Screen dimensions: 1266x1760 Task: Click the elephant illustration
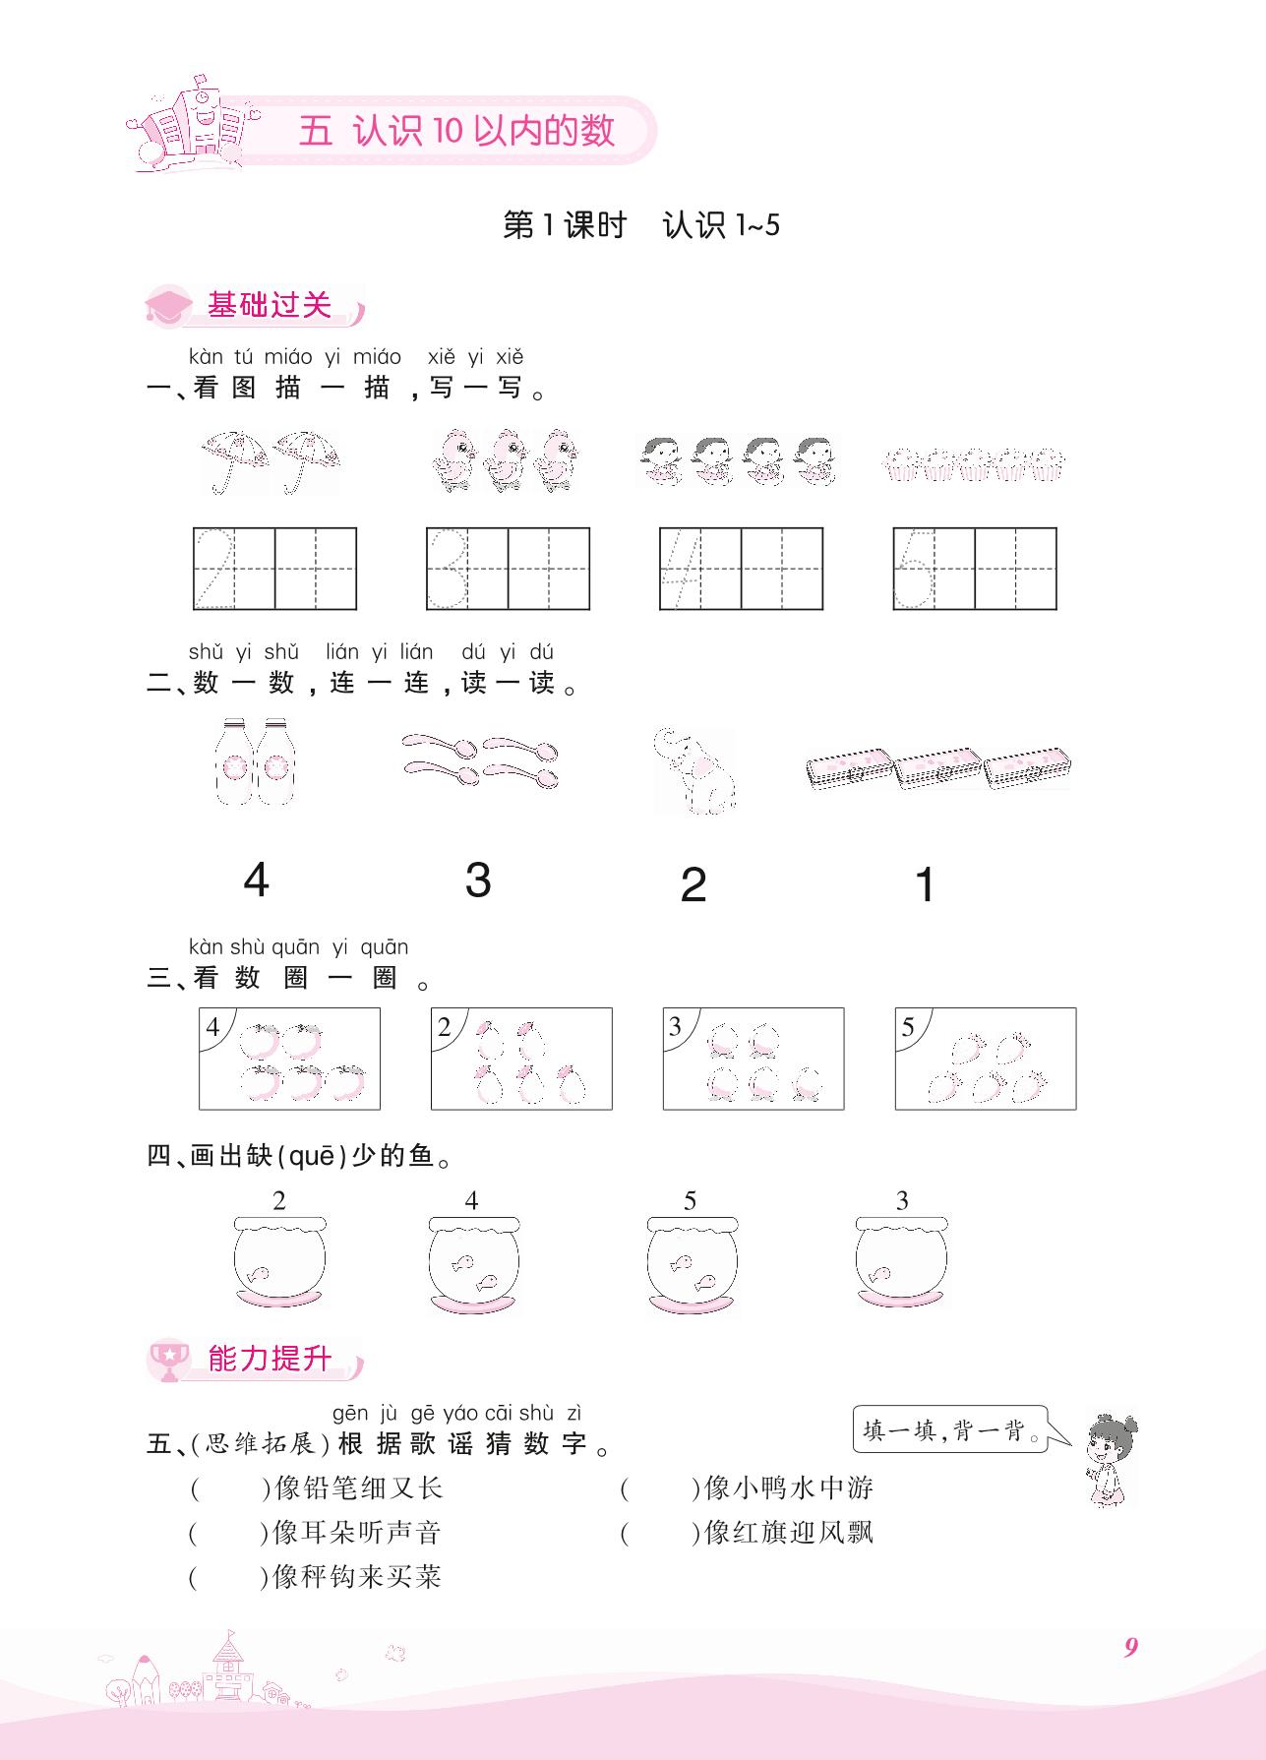click(694, 770)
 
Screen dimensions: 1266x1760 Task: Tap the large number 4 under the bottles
click(256, 880)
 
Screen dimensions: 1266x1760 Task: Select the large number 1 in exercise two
click(924, 884)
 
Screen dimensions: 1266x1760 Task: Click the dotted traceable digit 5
click(913, 568)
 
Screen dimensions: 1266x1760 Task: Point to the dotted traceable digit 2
click(213, 568)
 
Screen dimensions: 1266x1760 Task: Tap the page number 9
click(1130, 1647)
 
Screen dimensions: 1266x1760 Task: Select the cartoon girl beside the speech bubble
click(1110, 1460)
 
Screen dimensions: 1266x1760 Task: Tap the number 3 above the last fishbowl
click(902, 1200)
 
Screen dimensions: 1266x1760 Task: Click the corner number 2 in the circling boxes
click(444, 1028)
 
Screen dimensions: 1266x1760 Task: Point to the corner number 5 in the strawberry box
click(908, 1028)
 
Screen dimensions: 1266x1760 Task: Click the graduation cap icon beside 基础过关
click(169, 305)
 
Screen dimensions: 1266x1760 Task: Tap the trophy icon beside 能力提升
click(170, 1359)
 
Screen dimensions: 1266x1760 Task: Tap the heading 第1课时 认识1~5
click(641, 225)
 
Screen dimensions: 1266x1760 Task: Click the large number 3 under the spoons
click(478, 880)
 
